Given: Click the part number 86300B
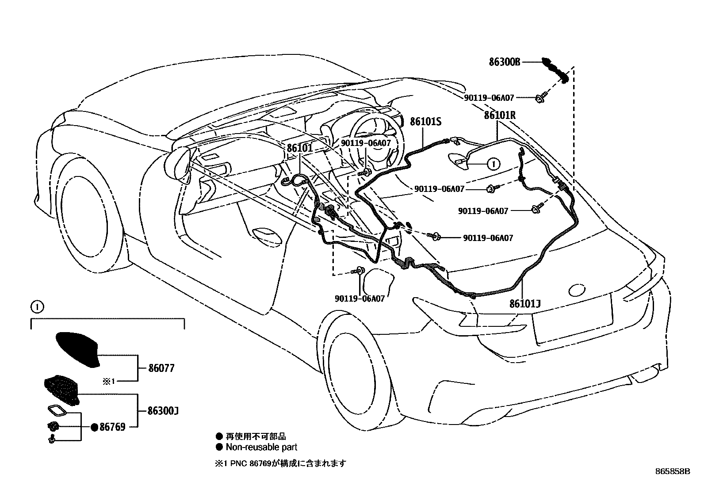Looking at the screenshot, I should [504, 62].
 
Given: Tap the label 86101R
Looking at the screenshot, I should [500, 115].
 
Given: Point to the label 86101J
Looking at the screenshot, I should [525, 304].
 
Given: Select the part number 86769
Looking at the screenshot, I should [112, 427].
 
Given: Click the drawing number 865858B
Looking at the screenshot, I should [672, 471].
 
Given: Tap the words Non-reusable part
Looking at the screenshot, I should [261, 447].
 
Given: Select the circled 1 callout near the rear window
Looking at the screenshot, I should [493, 164].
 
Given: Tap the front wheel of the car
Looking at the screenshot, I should [88, 212].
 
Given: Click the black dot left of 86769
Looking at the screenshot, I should [94, 427].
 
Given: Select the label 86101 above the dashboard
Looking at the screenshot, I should [300, 148].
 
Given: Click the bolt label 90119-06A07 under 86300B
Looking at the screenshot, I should [489, 98].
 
